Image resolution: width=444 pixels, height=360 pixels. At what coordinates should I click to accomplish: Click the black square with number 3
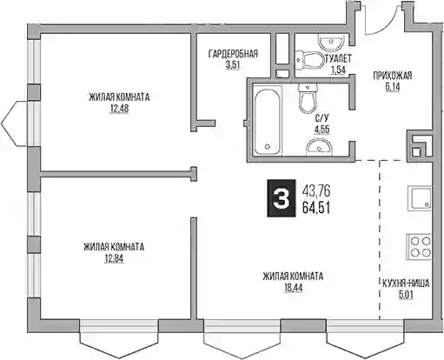pos(282,198)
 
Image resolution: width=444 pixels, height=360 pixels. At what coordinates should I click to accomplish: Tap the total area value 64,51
pos(316,208)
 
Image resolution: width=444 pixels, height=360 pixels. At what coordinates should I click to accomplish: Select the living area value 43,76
pos(316,190)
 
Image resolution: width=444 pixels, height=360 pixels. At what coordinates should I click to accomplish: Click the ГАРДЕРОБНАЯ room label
pos(233,54)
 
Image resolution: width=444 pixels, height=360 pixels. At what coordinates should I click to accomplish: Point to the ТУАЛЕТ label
pos(338,59)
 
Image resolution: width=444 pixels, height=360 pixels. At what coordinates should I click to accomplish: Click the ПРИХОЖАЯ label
pos(393,76)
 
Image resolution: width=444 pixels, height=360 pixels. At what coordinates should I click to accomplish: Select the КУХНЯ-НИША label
pos(406,283)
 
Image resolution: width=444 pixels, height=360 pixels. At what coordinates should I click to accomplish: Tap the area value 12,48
pos(119,109)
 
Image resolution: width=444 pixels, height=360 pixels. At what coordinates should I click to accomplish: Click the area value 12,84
pos(114,258)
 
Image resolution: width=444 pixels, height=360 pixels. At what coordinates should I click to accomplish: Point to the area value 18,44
pos(293,288)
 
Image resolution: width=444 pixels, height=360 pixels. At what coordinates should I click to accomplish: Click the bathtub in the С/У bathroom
pos(267,122)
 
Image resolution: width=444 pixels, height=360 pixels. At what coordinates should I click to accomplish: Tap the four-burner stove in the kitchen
pos(420,247)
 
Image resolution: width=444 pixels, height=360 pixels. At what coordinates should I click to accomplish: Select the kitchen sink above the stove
pos(420,198)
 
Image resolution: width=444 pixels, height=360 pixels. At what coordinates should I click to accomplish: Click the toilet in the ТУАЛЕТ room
pos(309,60)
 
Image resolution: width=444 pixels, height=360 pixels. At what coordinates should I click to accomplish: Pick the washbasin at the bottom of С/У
pos(320,147)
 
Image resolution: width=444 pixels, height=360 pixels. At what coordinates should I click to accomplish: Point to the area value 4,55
pos(322,130)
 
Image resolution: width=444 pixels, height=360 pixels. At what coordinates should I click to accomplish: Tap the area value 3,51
pos(233,65)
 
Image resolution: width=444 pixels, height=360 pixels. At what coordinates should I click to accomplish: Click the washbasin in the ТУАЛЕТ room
pos(331,42)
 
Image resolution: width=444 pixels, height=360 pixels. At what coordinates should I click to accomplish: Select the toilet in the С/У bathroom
pos(308,98)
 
